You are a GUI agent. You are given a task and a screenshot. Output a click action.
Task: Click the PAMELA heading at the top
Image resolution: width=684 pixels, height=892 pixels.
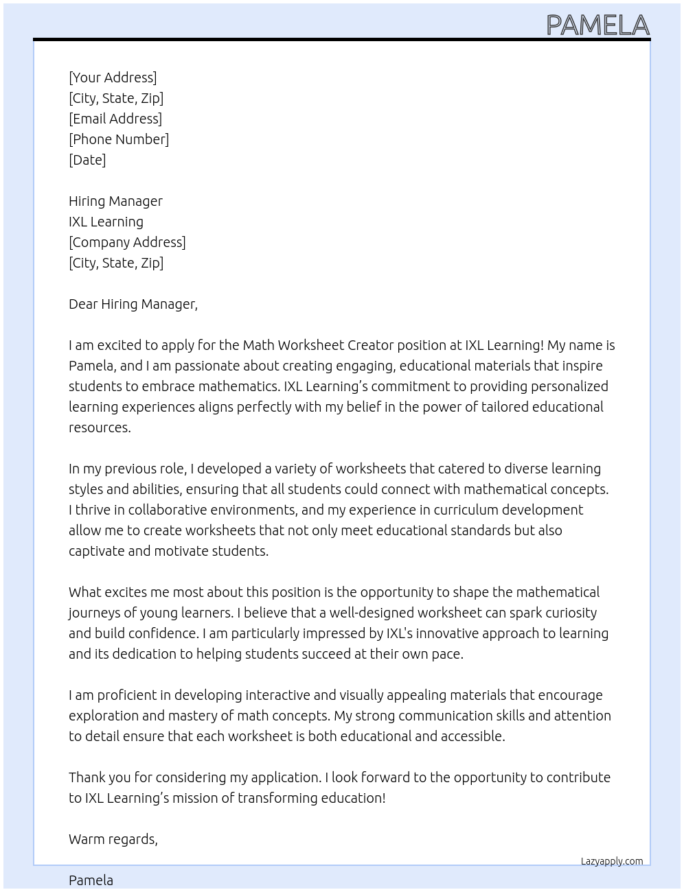click(x=597, y=25)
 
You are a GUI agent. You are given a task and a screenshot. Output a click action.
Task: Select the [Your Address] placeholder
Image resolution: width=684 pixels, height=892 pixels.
click(x=113, y=78)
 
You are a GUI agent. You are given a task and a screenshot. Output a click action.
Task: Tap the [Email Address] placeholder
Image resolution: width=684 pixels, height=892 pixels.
click(x=115, y=119)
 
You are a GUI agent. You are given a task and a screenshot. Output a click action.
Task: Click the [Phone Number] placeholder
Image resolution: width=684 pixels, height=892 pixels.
click(x=119, y=139)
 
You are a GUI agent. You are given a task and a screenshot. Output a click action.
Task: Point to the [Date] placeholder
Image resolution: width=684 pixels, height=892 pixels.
click(x=87, y=160)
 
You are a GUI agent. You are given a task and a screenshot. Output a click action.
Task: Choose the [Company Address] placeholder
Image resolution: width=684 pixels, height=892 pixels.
click(x=127, y=242)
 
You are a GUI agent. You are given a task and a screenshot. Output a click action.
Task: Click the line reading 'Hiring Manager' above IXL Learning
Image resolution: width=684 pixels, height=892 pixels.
click(x=115, y=201)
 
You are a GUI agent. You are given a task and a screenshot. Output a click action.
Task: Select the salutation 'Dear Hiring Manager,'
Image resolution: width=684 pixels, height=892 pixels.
click(x=133, y=304)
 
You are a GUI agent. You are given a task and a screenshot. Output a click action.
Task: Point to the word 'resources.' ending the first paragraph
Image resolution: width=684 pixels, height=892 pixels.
click(x=100, y=427)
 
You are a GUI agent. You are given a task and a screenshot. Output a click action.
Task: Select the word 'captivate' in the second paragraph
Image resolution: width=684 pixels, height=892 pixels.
click(x=98, y=551)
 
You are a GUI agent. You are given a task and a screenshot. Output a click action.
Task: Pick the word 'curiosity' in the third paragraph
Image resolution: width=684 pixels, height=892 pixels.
click(x=568, y=613)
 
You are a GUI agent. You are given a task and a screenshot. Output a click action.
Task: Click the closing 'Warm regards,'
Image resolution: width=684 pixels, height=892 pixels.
click(x=113, y=839)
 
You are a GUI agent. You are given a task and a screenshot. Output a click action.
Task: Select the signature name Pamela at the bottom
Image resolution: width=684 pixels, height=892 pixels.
click(x=91, y=880)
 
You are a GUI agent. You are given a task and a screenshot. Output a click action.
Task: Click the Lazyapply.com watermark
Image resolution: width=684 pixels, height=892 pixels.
click(x=612, y=861)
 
